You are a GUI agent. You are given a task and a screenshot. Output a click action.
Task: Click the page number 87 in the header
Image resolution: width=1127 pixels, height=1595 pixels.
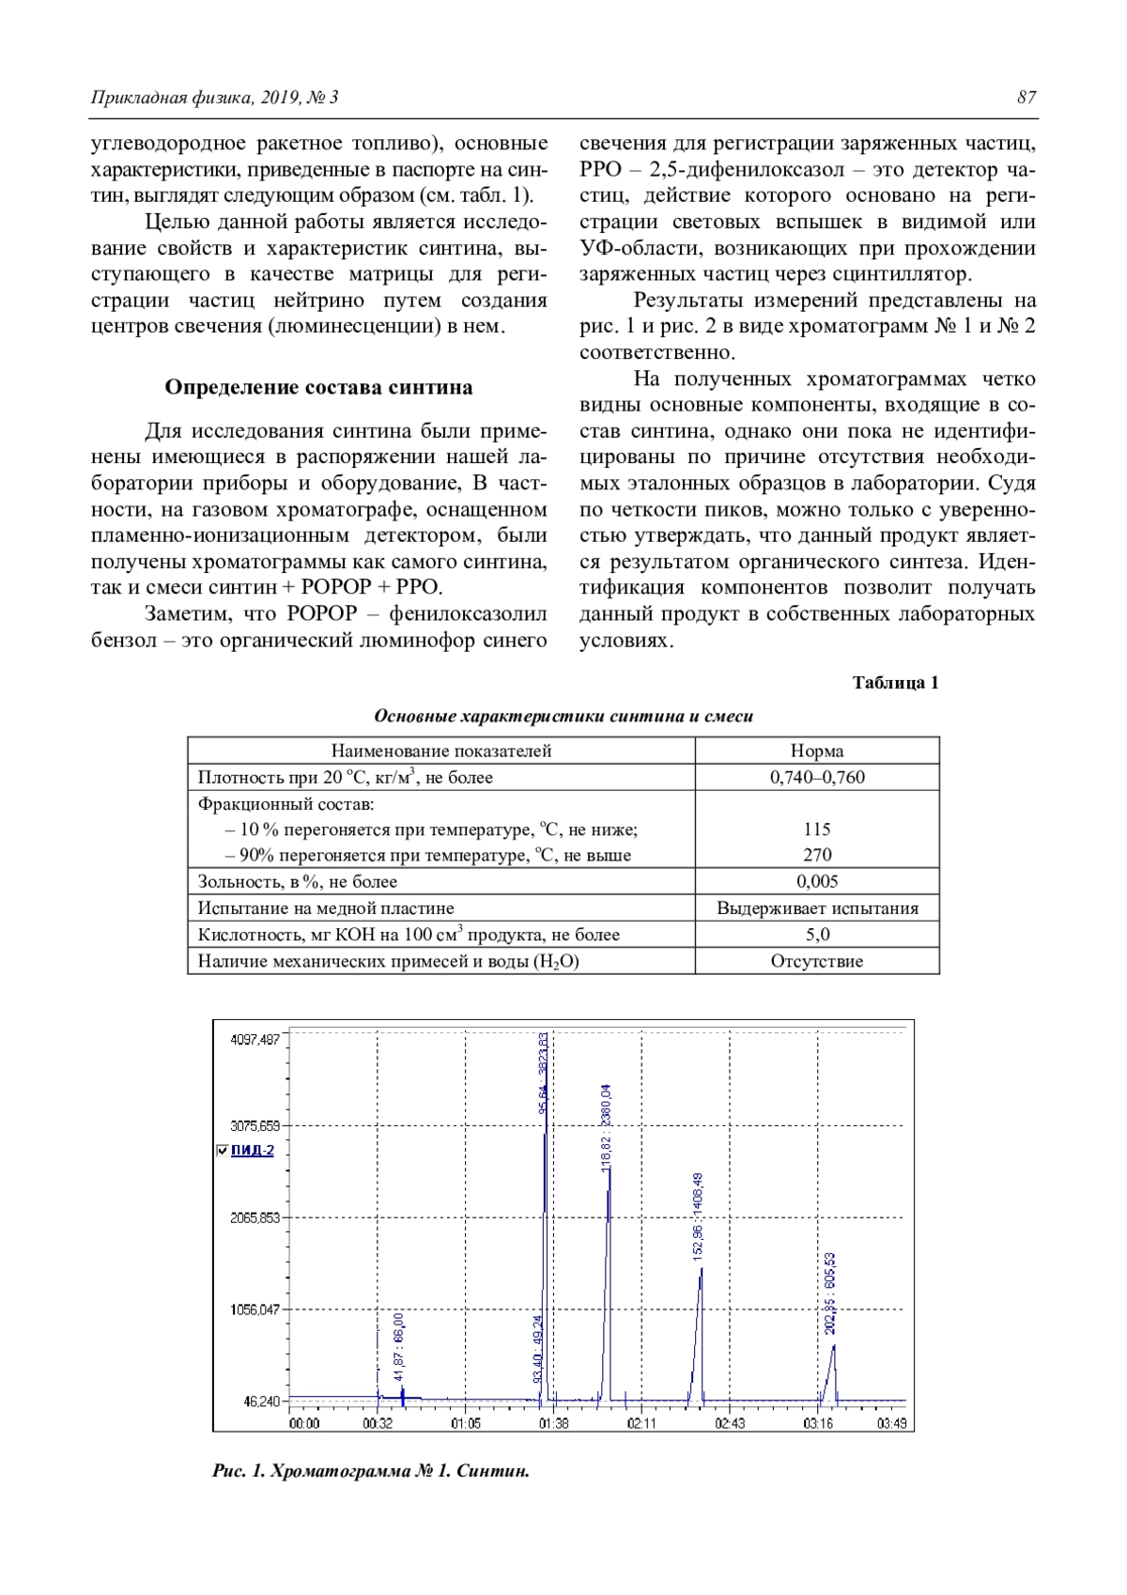(x=1026, y=98)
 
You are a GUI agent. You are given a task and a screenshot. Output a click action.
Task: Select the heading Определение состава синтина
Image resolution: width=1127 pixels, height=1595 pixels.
(x=318, y=387)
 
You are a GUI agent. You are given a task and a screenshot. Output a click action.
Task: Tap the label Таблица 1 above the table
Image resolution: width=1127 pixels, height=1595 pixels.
(x=895, y=683)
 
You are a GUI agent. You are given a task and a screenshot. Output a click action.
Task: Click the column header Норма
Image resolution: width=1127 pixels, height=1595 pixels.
(x=817, y=751)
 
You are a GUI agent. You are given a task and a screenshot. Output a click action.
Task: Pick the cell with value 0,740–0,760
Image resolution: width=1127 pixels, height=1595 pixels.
(x=817, y=777)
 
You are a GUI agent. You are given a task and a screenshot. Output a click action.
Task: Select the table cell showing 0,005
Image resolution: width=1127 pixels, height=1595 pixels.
(x=817, y=881)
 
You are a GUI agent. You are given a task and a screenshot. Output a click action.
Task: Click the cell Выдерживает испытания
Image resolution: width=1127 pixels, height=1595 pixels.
(x=817, y=908)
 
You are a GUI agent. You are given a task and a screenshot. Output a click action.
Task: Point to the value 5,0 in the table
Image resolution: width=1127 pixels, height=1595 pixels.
(x=817, y=935)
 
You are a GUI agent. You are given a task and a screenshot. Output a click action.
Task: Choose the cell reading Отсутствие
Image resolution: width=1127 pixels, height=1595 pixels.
(x=817, y=961)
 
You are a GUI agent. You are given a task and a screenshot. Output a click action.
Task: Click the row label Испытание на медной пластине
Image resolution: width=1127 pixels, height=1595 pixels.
(x=326, y=908)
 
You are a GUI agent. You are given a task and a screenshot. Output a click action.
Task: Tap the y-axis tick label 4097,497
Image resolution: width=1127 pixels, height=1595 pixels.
(x=255, y=1040)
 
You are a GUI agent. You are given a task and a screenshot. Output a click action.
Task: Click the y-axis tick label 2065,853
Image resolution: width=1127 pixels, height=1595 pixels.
(x=255, y=1217)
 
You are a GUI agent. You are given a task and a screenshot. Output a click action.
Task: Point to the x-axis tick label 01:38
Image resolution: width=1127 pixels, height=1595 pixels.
(x=553, y=1423)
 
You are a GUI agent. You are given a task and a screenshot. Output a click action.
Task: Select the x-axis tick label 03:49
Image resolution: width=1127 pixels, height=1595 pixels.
(x=891, y=1423)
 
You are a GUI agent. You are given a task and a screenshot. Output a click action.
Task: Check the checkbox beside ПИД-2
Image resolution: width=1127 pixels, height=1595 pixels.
(x=222, y=1151)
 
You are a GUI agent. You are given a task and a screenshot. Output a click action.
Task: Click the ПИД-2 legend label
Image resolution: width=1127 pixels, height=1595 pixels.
(x=253, y=1151)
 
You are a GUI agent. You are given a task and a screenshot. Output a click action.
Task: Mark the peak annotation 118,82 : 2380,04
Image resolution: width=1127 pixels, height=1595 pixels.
(x=607, y=1127)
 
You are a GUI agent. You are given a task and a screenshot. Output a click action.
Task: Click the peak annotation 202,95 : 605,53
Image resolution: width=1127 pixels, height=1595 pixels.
(x=830, y=1293)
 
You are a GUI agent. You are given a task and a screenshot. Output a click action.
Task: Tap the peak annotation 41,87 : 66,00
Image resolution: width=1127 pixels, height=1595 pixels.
(x=399, y=1347)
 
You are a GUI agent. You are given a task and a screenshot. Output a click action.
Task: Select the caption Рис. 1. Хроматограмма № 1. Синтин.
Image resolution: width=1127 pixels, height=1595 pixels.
(x=371, y=1471)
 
